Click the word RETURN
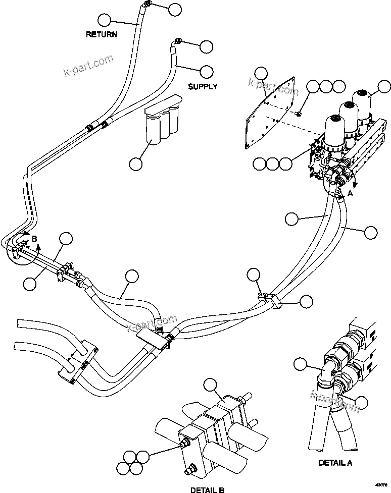(x=102, y=35)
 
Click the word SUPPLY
(x=203, y=86)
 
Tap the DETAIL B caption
(x=208, y=489)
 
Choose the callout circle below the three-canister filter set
(x=135, y=163)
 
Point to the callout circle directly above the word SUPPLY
(x=207, y=71)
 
